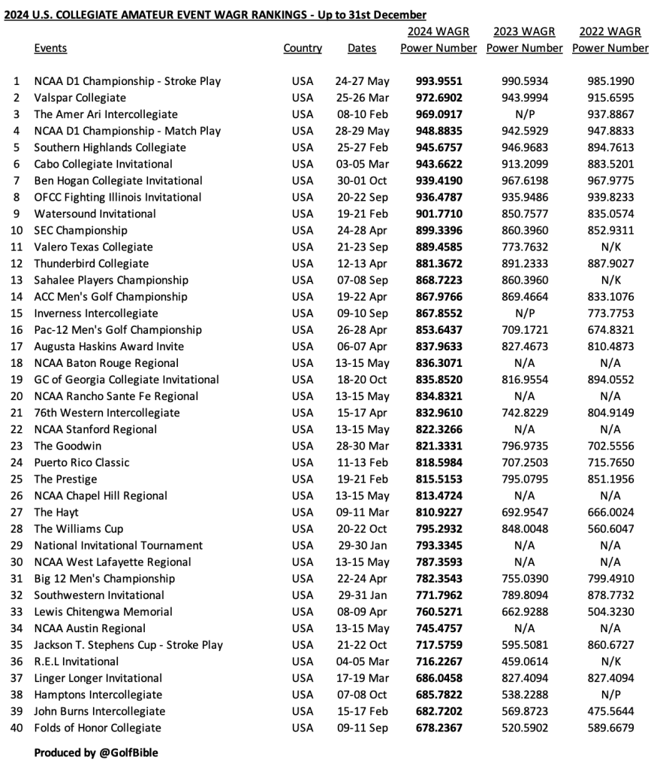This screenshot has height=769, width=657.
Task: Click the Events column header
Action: coord(50,48)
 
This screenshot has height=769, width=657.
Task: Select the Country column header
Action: coord(303,48)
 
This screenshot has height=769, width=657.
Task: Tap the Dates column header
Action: coord(362,48)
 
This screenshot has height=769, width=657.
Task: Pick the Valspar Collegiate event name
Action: coord(80,98)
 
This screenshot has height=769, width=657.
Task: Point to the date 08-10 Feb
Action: coord(362,114)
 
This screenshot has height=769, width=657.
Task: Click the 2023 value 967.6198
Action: coord(524,180)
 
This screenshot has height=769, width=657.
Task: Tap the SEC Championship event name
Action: coord(80,230)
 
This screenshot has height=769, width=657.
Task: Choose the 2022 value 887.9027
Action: coord(610,264)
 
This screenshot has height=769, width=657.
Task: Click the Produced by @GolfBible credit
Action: coord(96,752)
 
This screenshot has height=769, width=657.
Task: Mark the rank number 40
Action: coord(17,728)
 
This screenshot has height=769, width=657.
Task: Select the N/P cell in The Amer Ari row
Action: coord(524,114)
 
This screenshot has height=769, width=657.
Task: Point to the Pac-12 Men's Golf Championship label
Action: coord(118,330)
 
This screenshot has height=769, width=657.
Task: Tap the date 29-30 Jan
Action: coord(362,545)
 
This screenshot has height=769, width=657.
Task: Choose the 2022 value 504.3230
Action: coord(610,612)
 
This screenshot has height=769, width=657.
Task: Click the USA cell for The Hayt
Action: coord(303,512)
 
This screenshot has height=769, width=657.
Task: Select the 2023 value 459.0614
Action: coord(524,662)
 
